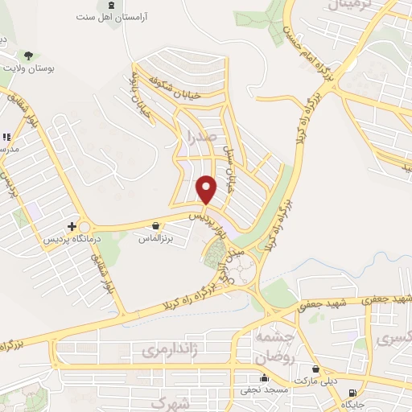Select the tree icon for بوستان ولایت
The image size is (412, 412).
(29, 56)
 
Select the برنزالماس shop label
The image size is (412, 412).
(157, 239)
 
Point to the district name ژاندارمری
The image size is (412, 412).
(169, 350)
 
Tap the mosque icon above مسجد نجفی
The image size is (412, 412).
(264, 378)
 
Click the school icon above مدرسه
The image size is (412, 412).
(6, 137)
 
